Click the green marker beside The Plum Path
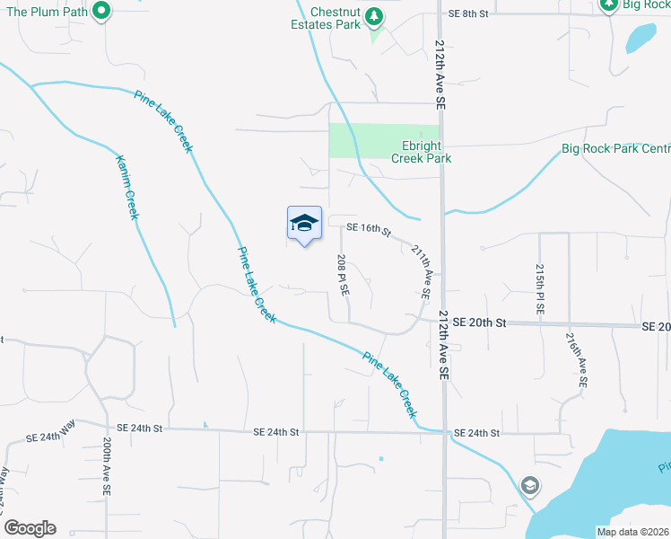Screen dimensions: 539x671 pos(101,12)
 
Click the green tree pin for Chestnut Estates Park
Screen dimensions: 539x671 pos(375,15)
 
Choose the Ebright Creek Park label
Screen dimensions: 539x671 pos(421,152)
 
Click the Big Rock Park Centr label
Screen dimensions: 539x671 pos(615,148)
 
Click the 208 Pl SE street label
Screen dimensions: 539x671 pos(343,276)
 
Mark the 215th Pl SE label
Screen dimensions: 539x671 pos(539,287)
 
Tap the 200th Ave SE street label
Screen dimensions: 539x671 pos(106,468)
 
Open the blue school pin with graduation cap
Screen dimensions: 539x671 pos(304,225)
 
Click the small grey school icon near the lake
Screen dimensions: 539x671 pos(530,486)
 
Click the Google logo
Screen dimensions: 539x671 pos(30,528)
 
